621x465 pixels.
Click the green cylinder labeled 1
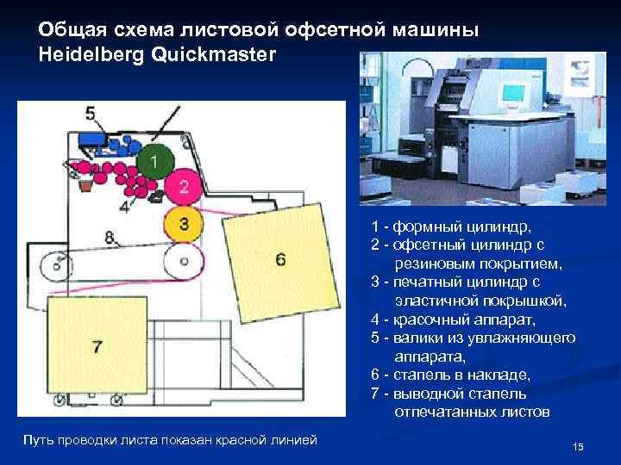pos(154,161)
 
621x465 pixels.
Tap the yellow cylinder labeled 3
pos(183,223)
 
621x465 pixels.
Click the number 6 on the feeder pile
pos(280,259)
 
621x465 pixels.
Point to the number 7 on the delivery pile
pos(97,346)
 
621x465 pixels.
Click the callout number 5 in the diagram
pos(91,114)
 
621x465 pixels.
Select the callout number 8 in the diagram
pos(110,236)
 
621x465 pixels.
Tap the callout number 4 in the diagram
pos(124,207)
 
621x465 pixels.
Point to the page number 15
pos(578,446)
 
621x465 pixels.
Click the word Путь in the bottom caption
pos(41,441)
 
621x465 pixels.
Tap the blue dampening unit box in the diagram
pos(91,139)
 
